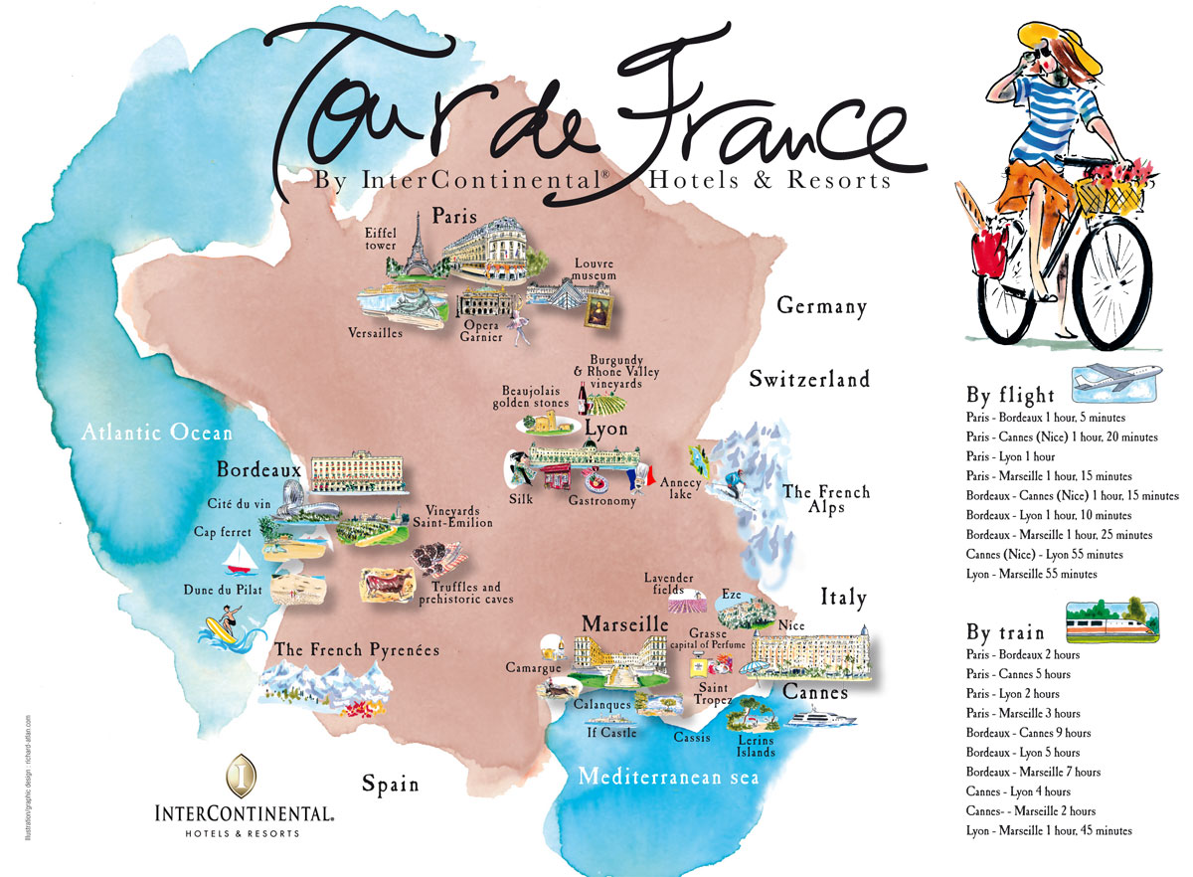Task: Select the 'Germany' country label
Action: tap(822, 306)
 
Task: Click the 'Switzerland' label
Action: tap(809, 379)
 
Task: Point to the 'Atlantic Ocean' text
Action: tap(157, 433)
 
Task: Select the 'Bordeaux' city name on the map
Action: tap(258, 468)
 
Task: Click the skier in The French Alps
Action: tap(732, 484)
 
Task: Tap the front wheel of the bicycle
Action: tap(1114, 278)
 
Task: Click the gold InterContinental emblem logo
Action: tap(243, 776)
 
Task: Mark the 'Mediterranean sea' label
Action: tap(668, 777)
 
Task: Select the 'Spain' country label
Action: tap(390, 784)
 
